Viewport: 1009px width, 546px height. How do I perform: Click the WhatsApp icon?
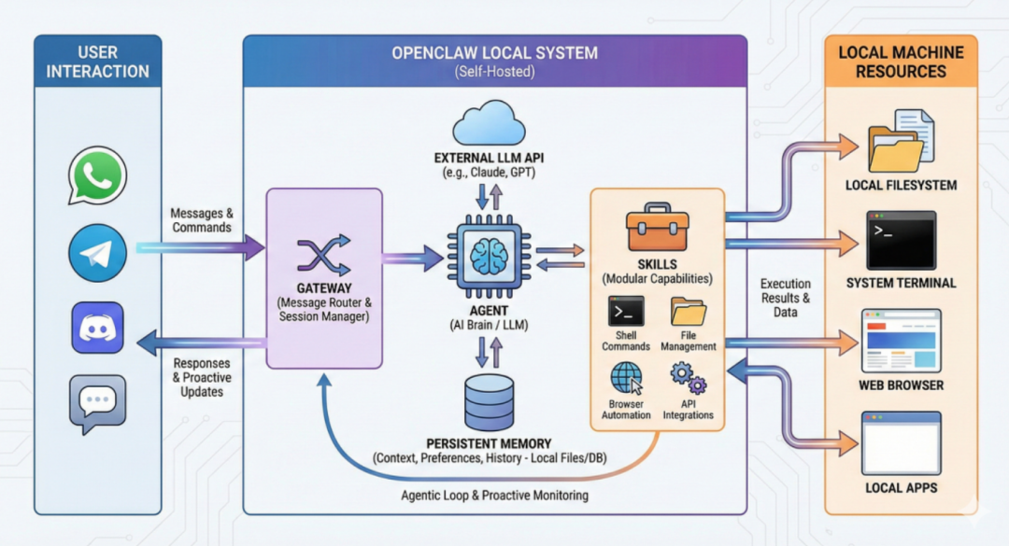click(98, 175)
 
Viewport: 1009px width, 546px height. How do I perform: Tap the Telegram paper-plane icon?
click(98, 253)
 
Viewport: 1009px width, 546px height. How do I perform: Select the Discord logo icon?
click(98, 328)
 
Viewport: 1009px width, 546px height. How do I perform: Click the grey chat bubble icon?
click(98, 404)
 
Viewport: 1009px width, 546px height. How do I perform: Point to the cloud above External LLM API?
click(489, 123)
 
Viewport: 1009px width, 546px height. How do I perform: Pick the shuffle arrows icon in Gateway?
click(323, 256)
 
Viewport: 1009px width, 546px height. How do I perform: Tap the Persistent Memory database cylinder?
click(489, 402)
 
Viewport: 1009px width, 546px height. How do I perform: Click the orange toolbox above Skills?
click(657, 227)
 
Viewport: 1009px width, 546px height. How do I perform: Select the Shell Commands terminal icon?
click(626, 312)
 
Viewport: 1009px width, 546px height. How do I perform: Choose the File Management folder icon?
click(689, 312)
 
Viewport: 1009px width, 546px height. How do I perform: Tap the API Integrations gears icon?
click(688, 378)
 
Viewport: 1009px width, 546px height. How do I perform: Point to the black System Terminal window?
click(901, 241)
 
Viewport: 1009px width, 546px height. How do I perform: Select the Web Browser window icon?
click(901, 341)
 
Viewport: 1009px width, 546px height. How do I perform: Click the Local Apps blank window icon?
click(901, 443)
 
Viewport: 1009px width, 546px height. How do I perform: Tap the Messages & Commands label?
click(202, 220)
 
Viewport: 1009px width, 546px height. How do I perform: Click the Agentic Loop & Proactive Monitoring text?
click(494, 496)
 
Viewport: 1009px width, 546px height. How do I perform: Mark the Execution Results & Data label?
click(786, 298)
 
